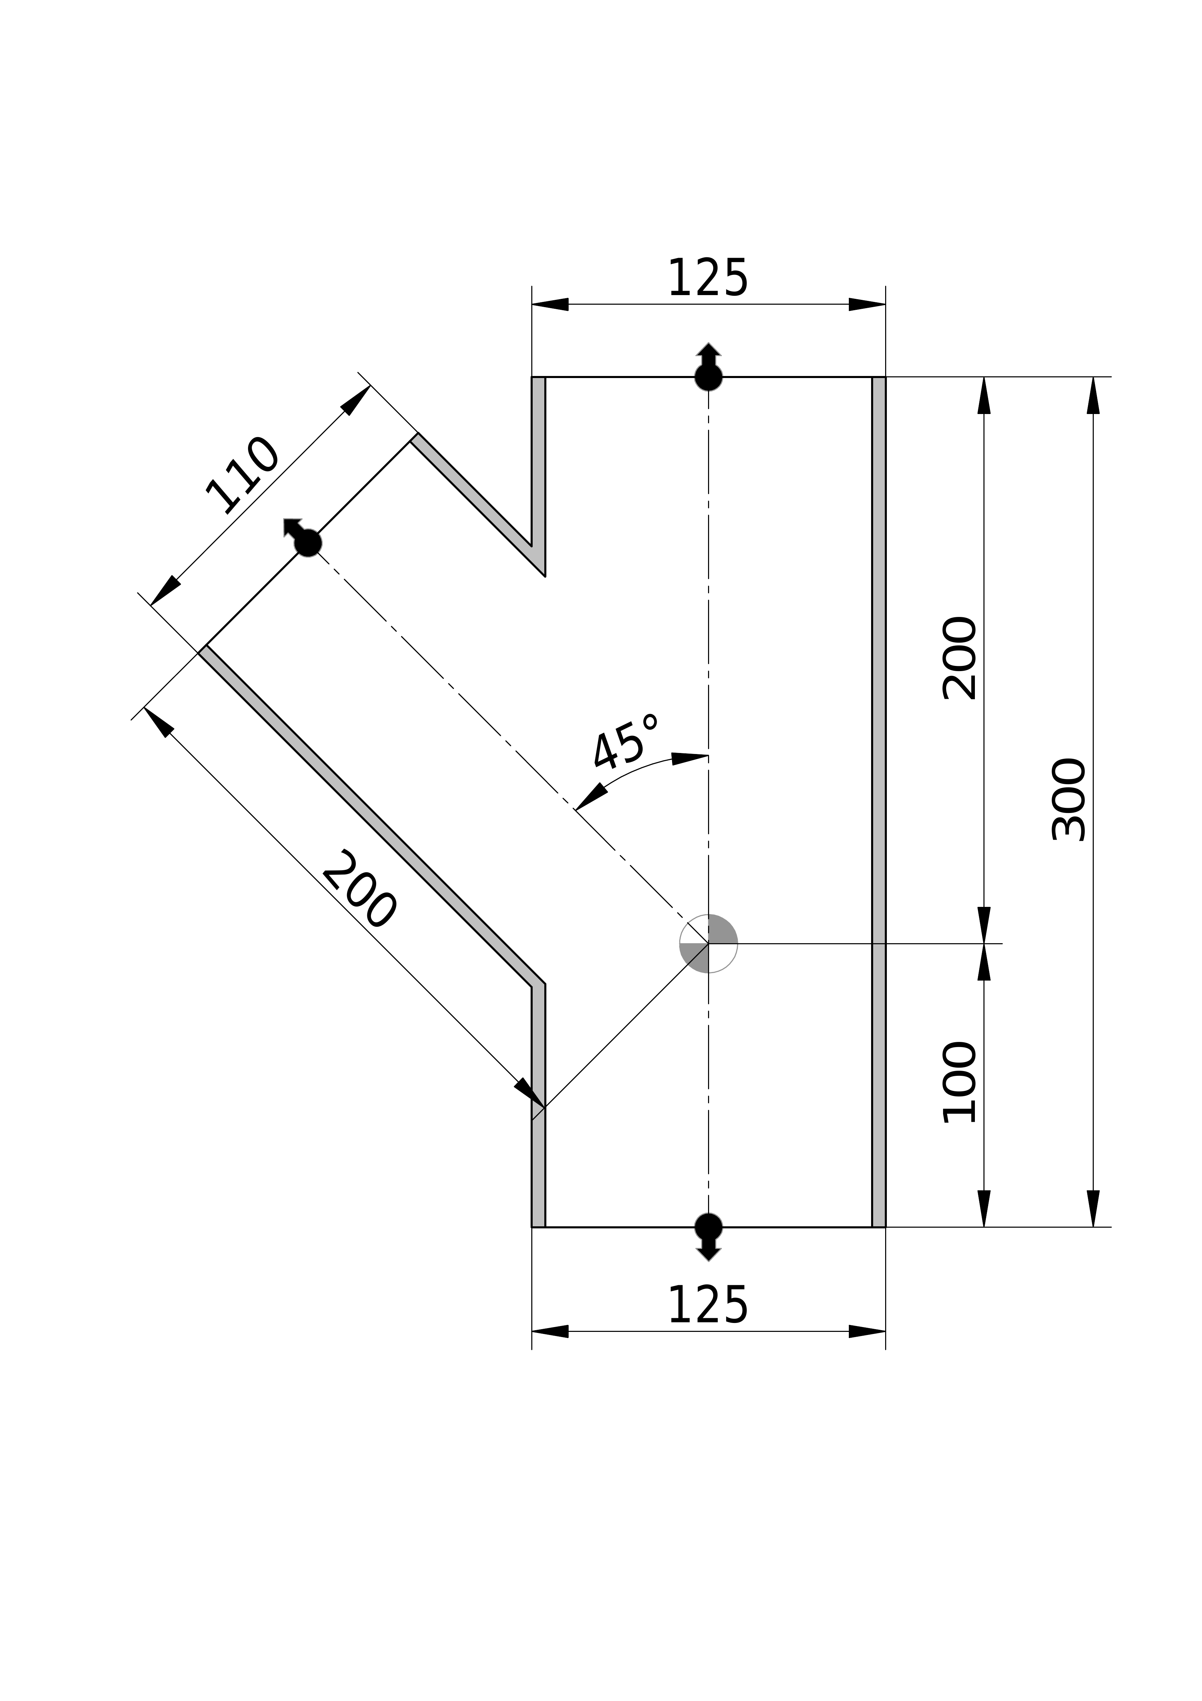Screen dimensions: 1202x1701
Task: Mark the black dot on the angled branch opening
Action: pos(308,543)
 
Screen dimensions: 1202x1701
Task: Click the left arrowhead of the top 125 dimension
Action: pos(550,304)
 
